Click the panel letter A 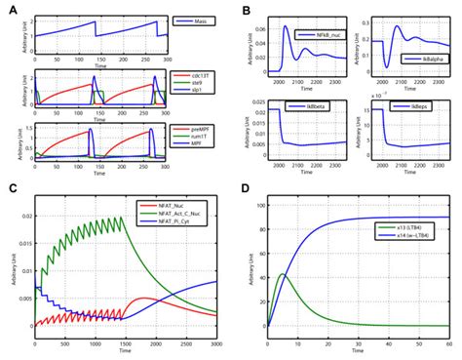coord(7,8)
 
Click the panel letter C coord(7,189)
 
